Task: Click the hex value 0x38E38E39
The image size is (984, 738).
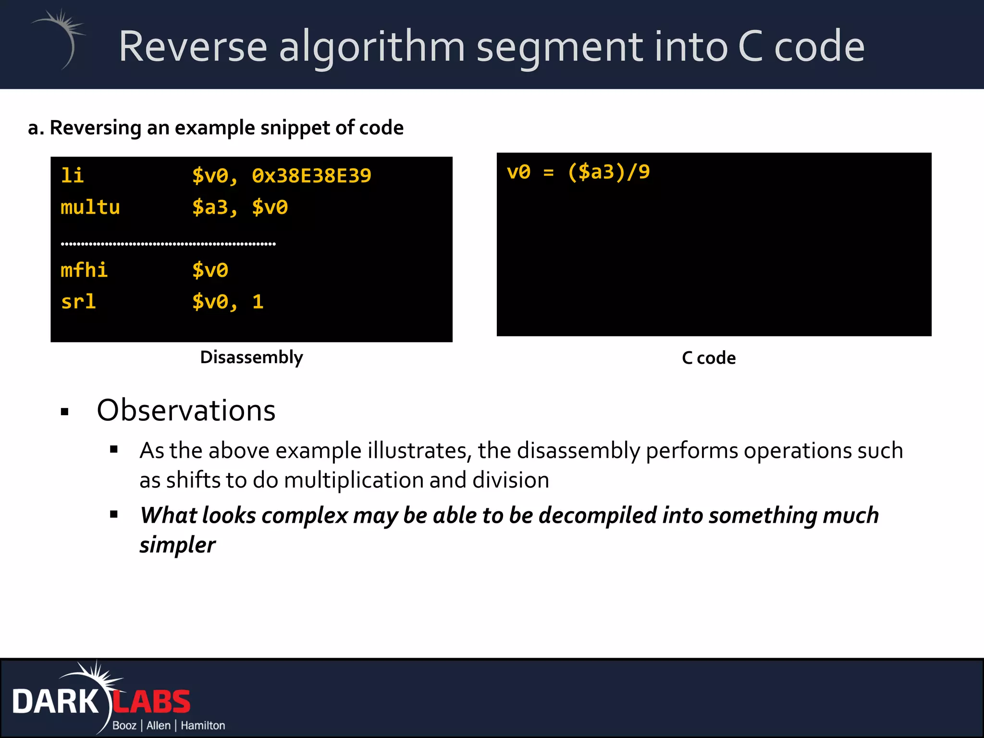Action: click(311, 176)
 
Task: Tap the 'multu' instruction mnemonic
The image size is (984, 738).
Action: click(90, 208)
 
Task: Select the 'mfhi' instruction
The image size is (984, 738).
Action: click(84, 270)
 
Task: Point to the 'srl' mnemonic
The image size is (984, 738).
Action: click(78, 302)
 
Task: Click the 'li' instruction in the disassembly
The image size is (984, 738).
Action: click(72, 176)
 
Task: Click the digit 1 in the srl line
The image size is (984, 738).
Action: click(258, 302)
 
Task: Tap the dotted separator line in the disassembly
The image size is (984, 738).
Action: click(168, 244)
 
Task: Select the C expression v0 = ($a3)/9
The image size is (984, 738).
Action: click(578, 172)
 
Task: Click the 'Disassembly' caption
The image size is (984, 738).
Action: click(251, 357)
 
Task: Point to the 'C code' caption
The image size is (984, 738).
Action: click(709, 358)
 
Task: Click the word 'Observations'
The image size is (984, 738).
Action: click(186, 411)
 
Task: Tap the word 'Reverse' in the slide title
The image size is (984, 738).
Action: click(193, 47)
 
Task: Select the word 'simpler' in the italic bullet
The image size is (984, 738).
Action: click(177, 545)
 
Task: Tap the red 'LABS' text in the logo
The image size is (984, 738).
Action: click(152, 702)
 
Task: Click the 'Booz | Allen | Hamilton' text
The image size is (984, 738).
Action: click(169, 726)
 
